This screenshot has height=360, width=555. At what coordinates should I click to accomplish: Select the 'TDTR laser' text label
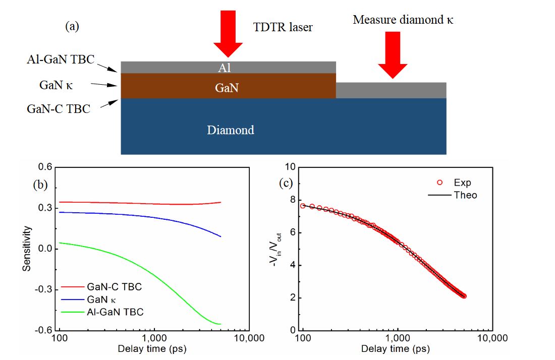(x=283, y=27)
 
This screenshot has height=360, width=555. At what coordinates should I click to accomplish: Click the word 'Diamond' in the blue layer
(x=230, y=130)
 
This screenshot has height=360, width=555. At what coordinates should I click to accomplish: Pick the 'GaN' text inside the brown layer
(x=227, y=88)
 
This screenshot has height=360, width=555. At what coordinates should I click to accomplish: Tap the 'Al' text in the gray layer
(x=224, y=68)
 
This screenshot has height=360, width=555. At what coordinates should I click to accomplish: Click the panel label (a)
(x=72, y=27)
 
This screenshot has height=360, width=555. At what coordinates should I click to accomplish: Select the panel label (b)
(x=40, y=185)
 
